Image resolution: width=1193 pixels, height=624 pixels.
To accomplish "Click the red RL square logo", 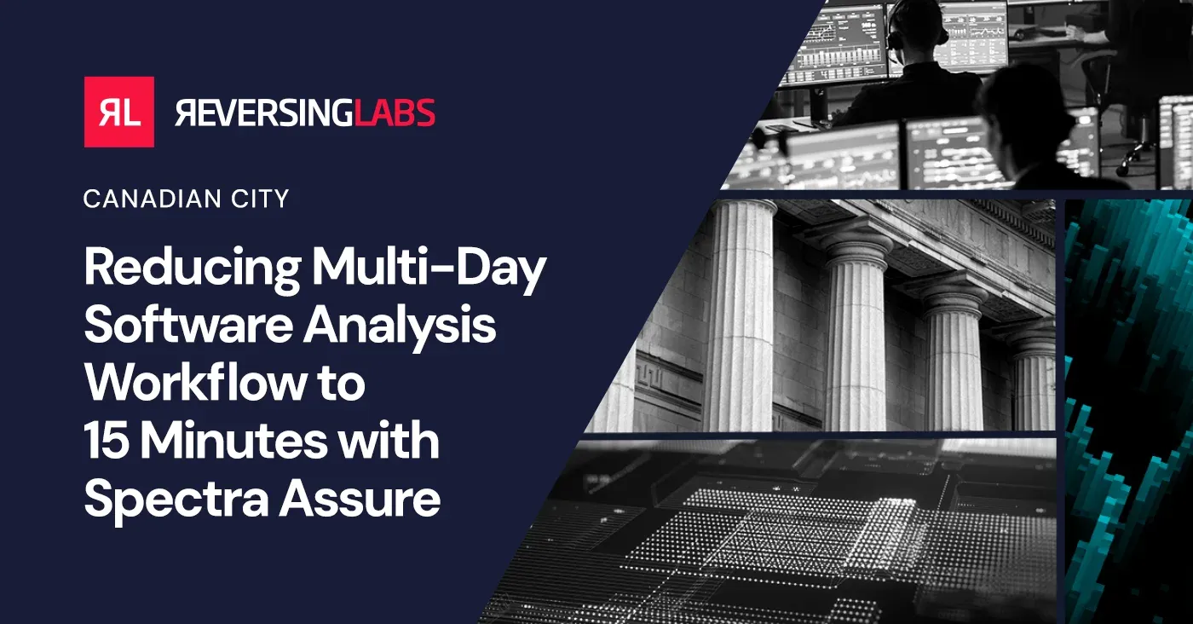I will pos(118,112).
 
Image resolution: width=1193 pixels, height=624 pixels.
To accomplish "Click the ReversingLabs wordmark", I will pos(305,113).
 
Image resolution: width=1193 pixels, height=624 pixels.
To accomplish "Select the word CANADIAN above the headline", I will pos(150,199).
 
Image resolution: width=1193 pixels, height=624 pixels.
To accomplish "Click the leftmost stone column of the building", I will pos(737,315).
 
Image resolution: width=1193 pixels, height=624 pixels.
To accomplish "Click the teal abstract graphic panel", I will pos(1128,409).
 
